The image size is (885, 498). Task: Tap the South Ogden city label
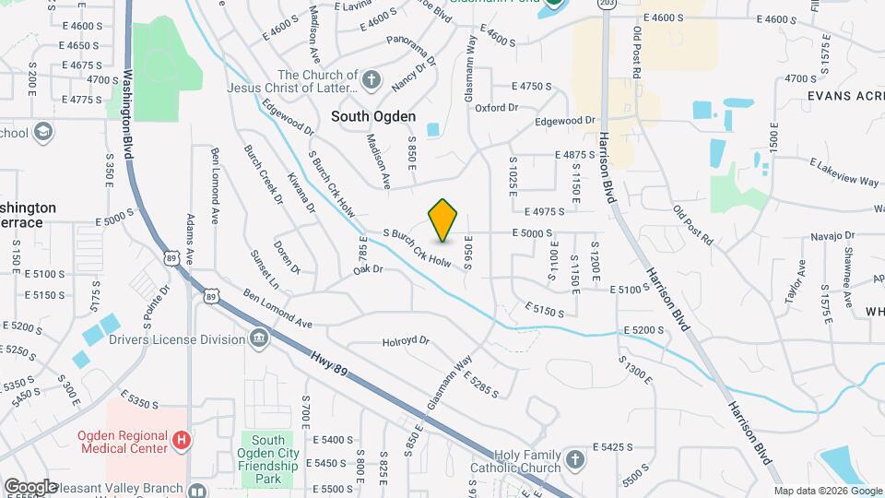pyautogui.click(x=373, y=117)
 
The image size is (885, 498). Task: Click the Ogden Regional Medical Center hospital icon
pyautogui.click(x=182, y=442)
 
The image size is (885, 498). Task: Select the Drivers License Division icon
pyautogui.click(x=259, y=339)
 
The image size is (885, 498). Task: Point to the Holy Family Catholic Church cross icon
pyautogui.click(x=575, y=458)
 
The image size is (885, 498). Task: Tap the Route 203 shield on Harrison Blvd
pyautogui.click(x=606, y=5)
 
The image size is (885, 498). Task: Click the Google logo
pyautogui.click(x=30, y=486)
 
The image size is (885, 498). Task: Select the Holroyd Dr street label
pyautogui.click(x=406, y=341)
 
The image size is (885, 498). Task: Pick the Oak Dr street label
pyautogui.click(x=367, y=270)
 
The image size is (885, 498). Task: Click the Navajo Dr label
pyautogui.click(x=808, y=237)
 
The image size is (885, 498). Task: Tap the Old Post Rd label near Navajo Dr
pyautogui.click(x=692, y=225)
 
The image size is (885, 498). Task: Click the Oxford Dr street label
pyautogui.click(x=497, y=108)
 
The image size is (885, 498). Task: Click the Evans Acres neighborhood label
pyautogui.click(x=844, y=95)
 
